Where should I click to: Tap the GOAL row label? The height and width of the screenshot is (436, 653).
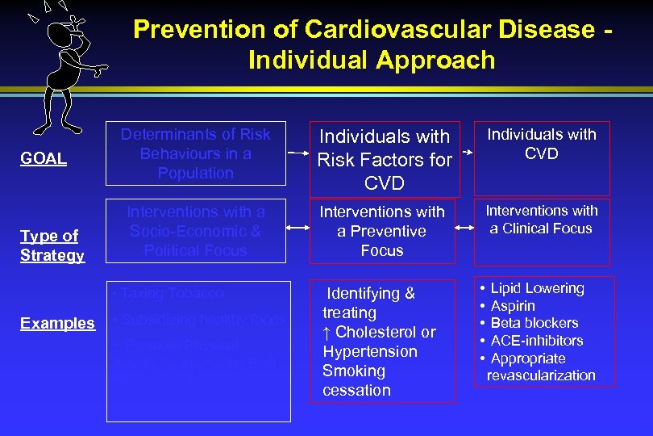(44, 158)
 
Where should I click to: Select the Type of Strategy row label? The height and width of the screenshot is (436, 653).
(52, 245)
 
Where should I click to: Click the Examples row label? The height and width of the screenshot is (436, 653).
(57, 323)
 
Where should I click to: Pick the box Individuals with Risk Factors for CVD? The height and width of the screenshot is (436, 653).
(384, 159)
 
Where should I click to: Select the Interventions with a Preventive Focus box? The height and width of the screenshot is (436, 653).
(382, 231)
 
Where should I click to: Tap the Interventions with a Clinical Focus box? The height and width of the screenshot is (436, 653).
(541, 220)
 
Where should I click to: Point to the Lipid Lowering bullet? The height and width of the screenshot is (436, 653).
(537, 288)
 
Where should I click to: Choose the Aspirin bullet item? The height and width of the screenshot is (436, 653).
(512, 306)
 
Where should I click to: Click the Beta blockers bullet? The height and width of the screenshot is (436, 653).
(534, 323)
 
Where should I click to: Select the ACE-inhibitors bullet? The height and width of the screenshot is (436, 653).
(536, 341)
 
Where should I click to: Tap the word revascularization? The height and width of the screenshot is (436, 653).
(541, 375)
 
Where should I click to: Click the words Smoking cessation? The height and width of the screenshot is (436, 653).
(356, 380)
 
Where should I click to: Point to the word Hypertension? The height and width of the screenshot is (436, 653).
(369, 351)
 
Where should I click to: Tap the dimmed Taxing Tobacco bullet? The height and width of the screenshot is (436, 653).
(170, 293)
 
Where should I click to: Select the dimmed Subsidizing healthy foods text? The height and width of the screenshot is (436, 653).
(199, 320)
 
